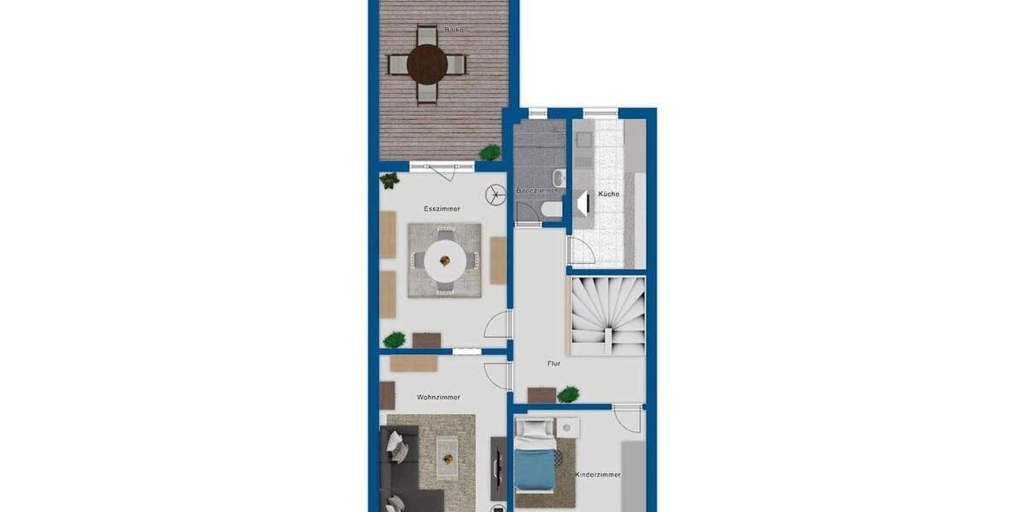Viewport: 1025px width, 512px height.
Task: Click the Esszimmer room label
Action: click(x=442, y=208)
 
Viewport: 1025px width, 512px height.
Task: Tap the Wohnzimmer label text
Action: click(x=438, y=398)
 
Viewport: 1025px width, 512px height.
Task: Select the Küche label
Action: click(x=609, y=195)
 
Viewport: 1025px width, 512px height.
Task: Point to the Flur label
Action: click(x=553, y=364)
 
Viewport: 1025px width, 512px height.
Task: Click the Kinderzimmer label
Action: click(x=597, y=474)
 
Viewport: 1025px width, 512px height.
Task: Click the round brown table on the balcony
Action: click(x=427, y=62)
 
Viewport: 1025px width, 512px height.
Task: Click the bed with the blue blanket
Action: click(x=536, y=465)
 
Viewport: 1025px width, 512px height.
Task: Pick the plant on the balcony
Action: click(x=490, y=153)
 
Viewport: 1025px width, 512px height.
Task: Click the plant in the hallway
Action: click(x=568, y=394)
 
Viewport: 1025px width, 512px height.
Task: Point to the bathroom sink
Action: click(x=559, y=178)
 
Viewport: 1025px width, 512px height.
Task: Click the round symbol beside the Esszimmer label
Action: click(x=495, y=195)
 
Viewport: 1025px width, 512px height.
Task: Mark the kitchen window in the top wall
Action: click(x=600, y=112)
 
